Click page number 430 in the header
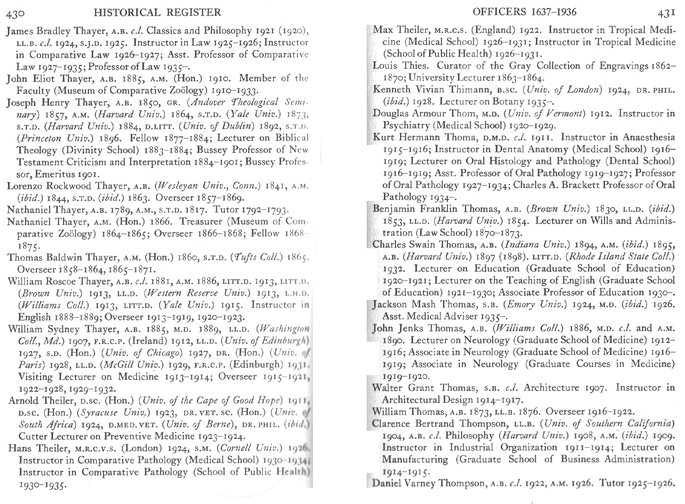click(15, 14)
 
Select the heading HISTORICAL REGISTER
click(157, 13)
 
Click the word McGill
click(117, 365)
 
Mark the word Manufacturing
click(415, 459)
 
